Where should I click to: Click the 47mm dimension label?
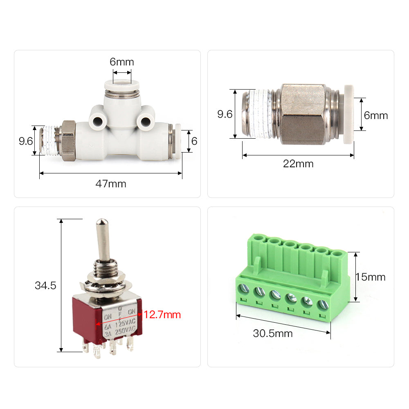(x=111, y=184)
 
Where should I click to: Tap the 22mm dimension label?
(x=298, y=164)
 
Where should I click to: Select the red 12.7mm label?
(x=162, y=315)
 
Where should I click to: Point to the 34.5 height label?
(x=45, y=285)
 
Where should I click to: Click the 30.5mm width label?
(x=273, y=333)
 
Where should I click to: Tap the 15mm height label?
(x=371, y=277)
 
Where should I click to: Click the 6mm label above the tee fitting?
(x=122, y=62)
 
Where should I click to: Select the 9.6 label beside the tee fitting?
(x=25, y=141)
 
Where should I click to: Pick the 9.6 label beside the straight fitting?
(x=225, y=114)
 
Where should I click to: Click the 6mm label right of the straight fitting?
(x=376, y=115)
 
